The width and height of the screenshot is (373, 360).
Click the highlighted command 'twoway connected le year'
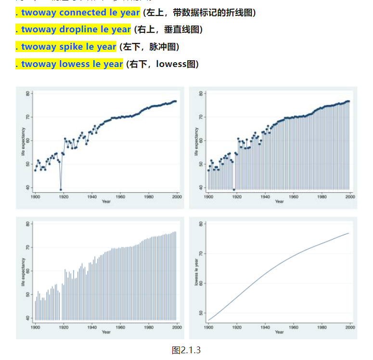(77, 13)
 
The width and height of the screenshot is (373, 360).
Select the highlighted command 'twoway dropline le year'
(73, 29)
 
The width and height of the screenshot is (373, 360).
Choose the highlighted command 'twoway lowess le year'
(69, 64)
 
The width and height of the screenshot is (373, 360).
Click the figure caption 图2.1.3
(186, 350)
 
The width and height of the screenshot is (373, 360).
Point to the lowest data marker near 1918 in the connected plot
(61, 189)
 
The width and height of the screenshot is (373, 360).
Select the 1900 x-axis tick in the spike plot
(35, 327)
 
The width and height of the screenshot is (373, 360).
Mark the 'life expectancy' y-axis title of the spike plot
(23, 272)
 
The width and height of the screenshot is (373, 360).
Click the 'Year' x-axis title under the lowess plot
(280, 332)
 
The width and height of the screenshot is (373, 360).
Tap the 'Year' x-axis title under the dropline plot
(280, 201)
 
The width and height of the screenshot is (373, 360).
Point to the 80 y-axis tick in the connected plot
(28, 93)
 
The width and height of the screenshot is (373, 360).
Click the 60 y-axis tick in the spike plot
(28, 271)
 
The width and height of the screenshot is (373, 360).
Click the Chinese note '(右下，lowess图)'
(162, 64)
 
